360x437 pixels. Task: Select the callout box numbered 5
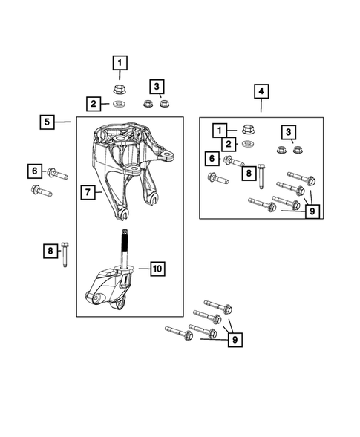click(47, 121)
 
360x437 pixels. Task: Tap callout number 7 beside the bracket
click(87, 194)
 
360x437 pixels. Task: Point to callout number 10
click(158, 269)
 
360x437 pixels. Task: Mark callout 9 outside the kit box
click(235, 340)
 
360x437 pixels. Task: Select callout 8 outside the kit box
click(50, 252)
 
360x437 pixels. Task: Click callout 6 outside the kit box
click(34, 172)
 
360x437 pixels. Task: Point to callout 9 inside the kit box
click(312, 211)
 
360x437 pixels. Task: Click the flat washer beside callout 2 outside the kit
click(119, 103)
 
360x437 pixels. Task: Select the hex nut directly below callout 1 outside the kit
click(119, 89)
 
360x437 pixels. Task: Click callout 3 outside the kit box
click(157, 87)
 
